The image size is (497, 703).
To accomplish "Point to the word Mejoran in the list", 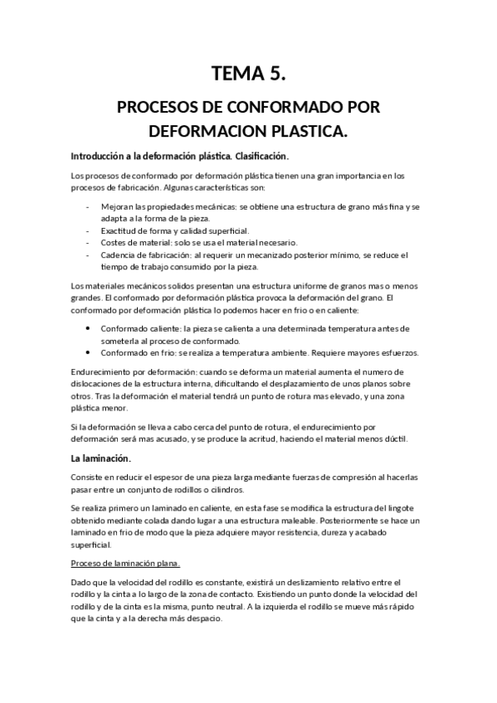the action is (116, 206).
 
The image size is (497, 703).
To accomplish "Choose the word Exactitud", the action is (119, 230).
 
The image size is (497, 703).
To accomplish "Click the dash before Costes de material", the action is (88, 242).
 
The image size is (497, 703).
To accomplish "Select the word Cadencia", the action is (119, 255).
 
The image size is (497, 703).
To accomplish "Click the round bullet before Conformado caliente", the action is (89, 328).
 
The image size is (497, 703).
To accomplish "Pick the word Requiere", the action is (303, 352).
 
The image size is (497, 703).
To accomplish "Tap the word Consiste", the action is (90, 479).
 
